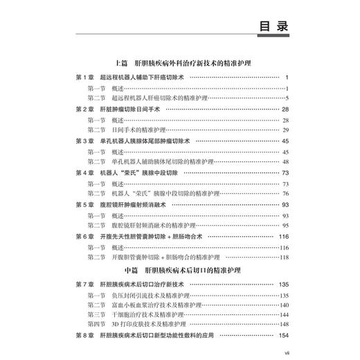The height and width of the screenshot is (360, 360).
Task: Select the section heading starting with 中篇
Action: [180, 267]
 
